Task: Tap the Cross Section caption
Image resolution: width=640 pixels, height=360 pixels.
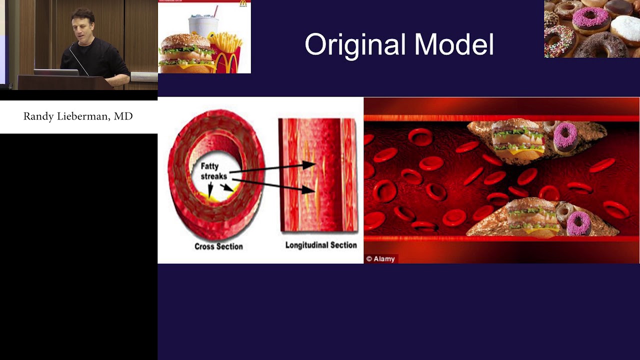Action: (218, 246)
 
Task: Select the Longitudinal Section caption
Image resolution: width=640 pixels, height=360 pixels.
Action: (321, 245)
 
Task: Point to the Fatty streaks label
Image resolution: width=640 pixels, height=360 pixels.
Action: (213, 171)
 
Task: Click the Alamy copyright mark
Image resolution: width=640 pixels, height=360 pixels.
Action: (380, 258)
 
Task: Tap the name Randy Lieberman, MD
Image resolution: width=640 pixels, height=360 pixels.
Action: (78, 116)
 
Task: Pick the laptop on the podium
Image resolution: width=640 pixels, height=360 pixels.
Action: (56, 72)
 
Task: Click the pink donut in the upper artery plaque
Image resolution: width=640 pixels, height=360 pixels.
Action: (565, 136)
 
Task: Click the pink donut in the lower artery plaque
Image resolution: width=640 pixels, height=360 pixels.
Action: (579, 223)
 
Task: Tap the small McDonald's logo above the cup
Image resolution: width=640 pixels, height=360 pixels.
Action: (243, 3)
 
